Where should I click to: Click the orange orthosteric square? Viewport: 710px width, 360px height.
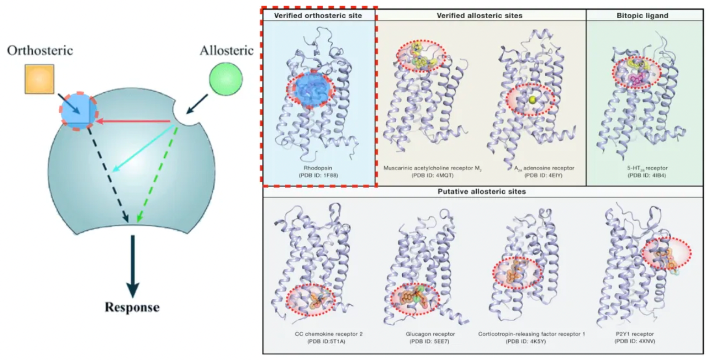[x=40, y=79]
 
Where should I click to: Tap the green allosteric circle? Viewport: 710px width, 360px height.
[x=226, y=79]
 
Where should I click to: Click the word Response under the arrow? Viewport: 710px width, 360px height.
[x=132, y=307]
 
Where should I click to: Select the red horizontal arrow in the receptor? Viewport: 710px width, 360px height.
[x=133, y=121]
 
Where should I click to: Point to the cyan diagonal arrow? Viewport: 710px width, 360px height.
[x=143, y=148]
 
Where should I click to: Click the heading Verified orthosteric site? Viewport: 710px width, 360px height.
[x=318, y=15]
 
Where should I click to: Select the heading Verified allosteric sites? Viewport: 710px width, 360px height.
[x=480, y=15]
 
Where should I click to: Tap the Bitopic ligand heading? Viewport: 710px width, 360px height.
[x=642, y=15]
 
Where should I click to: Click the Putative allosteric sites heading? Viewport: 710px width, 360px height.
[x=482, y=191]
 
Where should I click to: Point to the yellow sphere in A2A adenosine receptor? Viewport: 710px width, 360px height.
[x=532, y=100]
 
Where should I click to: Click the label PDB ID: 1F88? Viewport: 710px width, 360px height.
[x=318, y=175]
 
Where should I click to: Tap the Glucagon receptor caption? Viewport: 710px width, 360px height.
[x=430, y=334]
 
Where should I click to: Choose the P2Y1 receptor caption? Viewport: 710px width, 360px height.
[x=635, y=334]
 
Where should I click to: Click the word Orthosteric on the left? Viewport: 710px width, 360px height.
[x=40, y=51]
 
